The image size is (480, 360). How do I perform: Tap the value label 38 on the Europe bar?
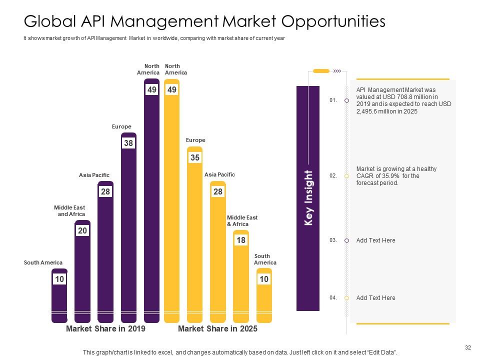[128, 143]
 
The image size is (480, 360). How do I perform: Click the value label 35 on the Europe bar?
[194, 157]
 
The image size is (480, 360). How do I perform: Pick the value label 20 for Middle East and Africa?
[82, 230]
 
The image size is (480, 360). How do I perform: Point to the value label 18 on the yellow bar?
[240, 240]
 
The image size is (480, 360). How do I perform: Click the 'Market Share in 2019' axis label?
[105, 328]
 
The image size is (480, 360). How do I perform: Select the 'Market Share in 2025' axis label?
[217, 328]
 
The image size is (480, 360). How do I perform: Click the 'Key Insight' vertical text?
[308, 198]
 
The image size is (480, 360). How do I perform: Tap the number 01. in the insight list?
[333, 100]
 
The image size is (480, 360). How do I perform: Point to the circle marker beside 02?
[347, 176]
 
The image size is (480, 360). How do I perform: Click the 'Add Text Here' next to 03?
[375, 240]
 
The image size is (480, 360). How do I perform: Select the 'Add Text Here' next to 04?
[375, 298]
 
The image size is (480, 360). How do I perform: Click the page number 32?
[468, 347]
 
